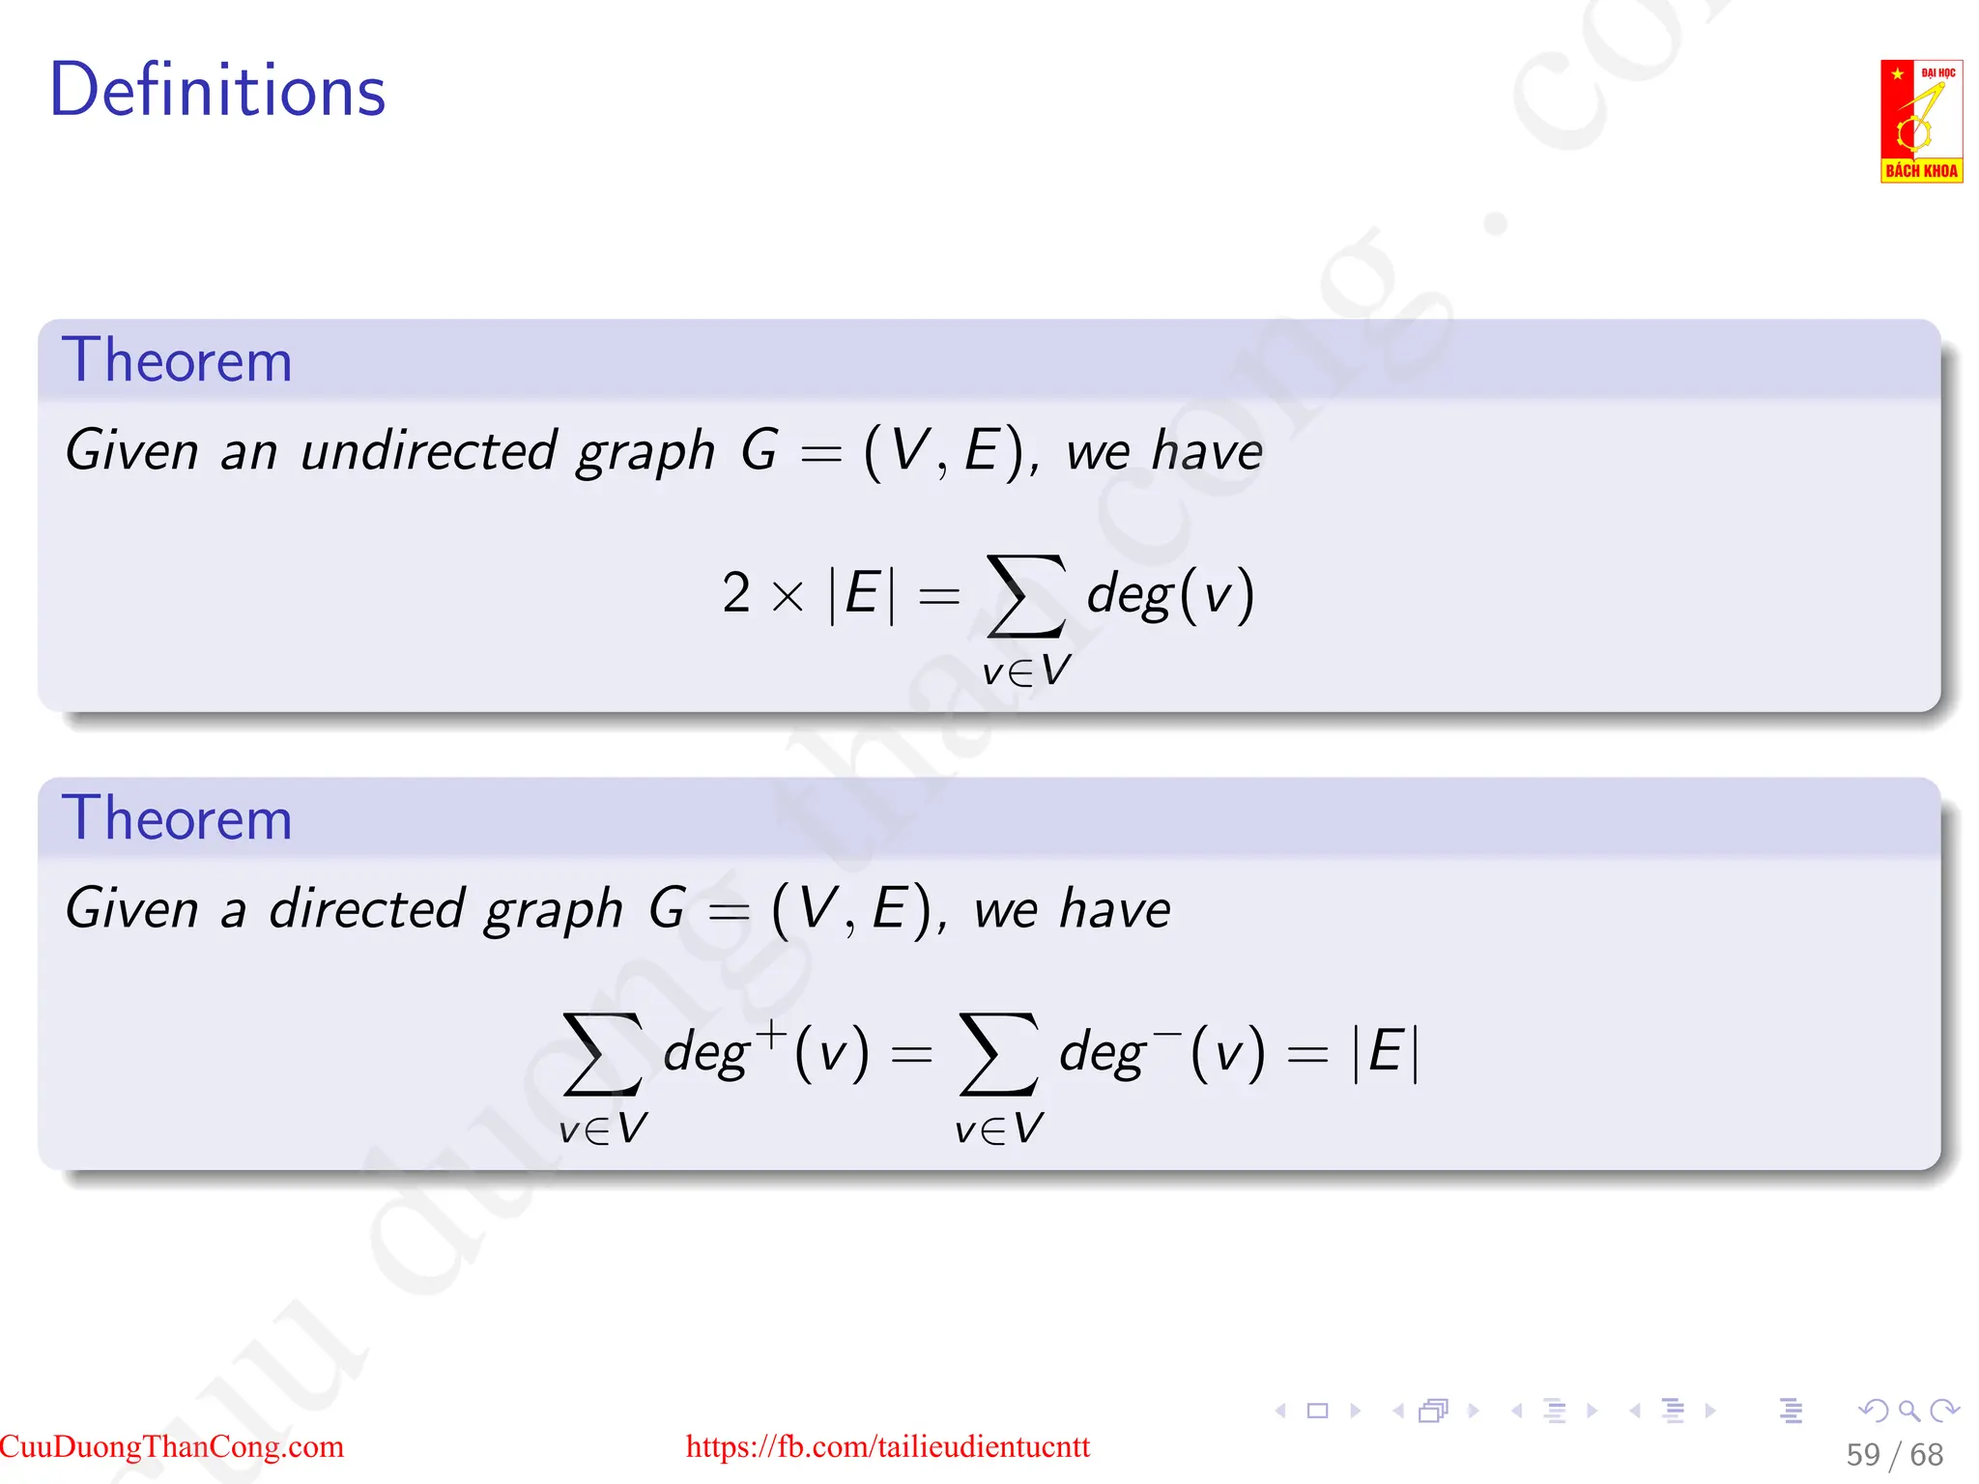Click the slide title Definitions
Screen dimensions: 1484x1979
click(x=217, y=90)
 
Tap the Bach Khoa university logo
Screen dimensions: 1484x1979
click(x=1920, y=121)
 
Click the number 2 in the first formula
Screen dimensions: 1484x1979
click(x=735, y=592)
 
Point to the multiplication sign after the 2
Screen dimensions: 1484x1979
click(x=788, y=596)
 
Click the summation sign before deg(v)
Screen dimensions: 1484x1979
click(x=1025, y=596)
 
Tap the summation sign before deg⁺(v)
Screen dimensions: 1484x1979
click(x=603, y=1054)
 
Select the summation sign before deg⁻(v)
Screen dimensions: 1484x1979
click(x=999, y=1054)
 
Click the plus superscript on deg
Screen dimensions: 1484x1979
click(x=771, y=1033)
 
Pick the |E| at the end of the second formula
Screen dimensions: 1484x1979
click(x=1386, y=1052)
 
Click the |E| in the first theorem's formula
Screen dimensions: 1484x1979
click(x=862, y=594)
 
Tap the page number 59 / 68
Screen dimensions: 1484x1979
click(x=1894, y=1454)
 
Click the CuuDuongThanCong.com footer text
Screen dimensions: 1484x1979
click(x=172, y=1446)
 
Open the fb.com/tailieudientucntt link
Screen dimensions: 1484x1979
click(x=887, y=1446)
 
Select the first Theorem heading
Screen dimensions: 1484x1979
click(x=177, y=360)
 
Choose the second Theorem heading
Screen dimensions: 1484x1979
click(x=177, y=818)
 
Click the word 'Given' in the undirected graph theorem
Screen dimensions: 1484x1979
click(x=131, y=451)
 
